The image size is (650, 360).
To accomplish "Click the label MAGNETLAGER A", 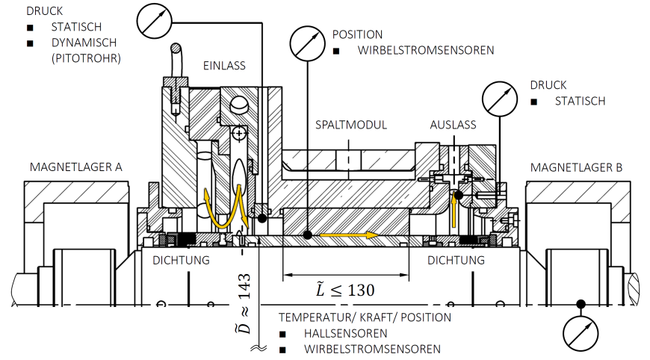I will point(75,166).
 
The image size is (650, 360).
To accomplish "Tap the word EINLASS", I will point(224,66).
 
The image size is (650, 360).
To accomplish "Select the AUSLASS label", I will point(453,125).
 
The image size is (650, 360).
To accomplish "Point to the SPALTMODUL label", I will point(351,125).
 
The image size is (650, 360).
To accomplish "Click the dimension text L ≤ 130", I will point(344,289).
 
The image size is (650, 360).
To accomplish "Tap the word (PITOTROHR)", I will point(87,58).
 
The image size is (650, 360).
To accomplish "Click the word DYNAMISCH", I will point(85,43).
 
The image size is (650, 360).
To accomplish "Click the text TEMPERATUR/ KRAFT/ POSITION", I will point(365,317).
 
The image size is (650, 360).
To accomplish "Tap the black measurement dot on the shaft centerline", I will point(580,303).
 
